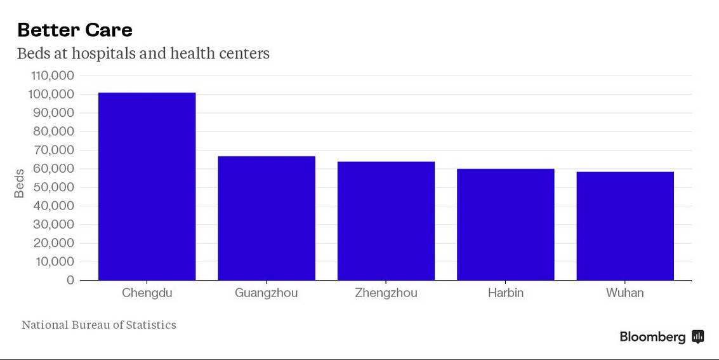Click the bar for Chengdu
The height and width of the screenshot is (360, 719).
click(147, 186)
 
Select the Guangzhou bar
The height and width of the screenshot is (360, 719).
click(267, 218)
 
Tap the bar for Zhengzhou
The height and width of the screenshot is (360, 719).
click(386, 220)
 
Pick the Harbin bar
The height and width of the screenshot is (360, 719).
click(506, 224)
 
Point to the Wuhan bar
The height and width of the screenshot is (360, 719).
click(625, 225)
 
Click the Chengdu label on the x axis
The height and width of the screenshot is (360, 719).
click(147, 293)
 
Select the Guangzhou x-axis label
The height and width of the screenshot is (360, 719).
click(266, 293)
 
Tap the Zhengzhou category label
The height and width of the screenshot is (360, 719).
click(386, 293)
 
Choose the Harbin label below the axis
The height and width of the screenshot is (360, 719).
click(506, 293)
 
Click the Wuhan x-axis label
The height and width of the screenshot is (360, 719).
click(624, 293)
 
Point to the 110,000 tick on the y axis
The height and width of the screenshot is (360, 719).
click(52, 76)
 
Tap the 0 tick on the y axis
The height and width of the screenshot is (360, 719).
click(70, 280)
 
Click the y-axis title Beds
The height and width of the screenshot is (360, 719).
click(19, 183)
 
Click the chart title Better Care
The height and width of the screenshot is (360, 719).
click(75, 30)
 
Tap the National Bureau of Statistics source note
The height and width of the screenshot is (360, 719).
click(99, 325)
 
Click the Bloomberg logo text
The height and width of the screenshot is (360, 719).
click(652, 337)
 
